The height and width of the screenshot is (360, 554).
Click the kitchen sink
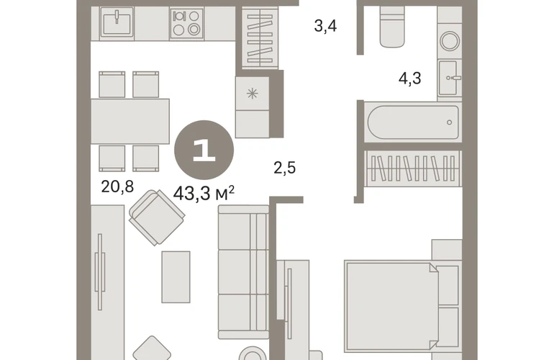point(117,22)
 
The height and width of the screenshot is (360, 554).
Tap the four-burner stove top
point(186,23)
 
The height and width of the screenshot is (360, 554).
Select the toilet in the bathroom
point(392,27)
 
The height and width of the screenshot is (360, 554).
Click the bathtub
point(413,122)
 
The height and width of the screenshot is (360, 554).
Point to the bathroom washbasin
point(449,78)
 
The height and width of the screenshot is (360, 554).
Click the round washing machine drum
point(450,41)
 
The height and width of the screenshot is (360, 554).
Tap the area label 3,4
point(325,27)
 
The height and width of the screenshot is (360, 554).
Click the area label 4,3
point(410,78)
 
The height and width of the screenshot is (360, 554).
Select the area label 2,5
point(284,168)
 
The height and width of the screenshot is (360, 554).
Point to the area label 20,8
point(117,186)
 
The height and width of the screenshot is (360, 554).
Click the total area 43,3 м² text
point(204,194)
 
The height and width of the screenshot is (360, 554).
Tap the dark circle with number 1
point(204,150)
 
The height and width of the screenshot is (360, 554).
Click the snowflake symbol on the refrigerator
point(253,94)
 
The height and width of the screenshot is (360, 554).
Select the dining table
point(130,121)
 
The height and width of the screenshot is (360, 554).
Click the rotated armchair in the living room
point(157,217)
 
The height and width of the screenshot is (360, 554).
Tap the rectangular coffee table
point(176,277)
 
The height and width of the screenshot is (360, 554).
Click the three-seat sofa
point(243,272)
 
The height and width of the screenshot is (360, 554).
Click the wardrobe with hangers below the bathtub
point(413,168)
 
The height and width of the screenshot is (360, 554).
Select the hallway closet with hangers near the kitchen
point(260,38)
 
